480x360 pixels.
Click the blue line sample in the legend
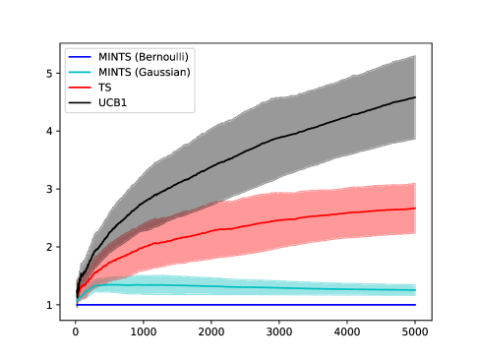80,57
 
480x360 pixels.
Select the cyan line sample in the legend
80,72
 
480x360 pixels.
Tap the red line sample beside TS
80,88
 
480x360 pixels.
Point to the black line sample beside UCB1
80,102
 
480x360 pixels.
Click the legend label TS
104,88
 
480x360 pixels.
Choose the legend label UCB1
112,102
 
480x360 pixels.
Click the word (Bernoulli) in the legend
160,57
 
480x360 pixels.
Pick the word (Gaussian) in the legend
161,72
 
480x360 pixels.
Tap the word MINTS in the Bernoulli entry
114,57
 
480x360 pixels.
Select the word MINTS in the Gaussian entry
114,72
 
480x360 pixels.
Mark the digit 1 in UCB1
124,102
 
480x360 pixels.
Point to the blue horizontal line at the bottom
246,305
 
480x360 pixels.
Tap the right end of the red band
413,209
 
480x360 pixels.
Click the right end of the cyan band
413,289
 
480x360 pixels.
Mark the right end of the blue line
415,305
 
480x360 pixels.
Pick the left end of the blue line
79,305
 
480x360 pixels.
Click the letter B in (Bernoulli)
141,57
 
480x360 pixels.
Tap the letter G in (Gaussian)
142,72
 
